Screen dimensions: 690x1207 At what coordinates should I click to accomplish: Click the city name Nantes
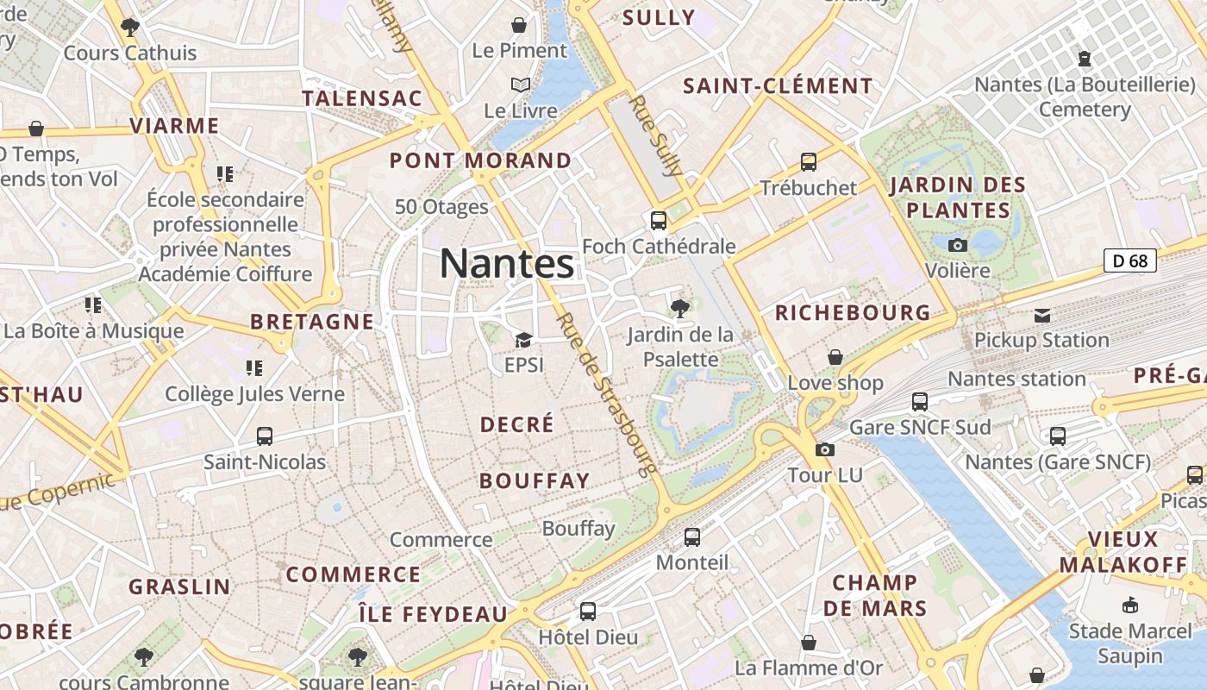tap(507, 263)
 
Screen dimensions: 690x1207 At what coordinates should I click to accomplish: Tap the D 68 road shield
tap(1129, 260)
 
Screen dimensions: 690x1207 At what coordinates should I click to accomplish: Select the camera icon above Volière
tap(957, 245)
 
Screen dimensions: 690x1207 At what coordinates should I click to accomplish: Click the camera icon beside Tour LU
tap(825, 449)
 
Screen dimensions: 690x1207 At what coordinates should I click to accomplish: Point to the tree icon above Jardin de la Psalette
tap(680, 308)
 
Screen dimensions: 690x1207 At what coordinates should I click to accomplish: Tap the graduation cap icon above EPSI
tap(523, 340)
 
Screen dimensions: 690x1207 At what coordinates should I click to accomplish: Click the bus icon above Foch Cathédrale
tap(659, 221)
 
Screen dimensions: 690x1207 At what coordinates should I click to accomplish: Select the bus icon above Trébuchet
tap(809, 161)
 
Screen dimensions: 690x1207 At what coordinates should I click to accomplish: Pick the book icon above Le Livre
tap(520, 85)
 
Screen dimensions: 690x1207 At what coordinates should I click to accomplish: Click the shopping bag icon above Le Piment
tap(519, 25)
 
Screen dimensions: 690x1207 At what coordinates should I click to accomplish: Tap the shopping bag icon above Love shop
tap(835, 357)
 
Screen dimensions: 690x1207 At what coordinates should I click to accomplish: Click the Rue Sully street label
tap(656, 135)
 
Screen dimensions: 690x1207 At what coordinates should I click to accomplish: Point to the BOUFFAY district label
tap(535, 480)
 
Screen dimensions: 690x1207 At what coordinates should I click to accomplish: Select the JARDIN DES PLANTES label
tap(958, 198)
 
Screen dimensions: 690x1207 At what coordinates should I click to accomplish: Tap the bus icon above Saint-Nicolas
tap(265, 436)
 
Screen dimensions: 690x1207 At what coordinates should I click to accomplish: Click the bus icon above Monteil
tap(691, 537)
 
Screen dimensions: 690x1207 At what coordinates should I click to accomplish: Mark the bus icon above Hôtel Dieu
tap(588, 612)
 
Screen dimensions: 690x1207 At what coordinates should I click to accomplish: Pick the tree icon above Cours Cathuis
tap(130, 28)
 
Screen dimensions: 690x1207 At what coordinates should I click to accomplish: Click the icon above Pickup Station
tap(1042, 315)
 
